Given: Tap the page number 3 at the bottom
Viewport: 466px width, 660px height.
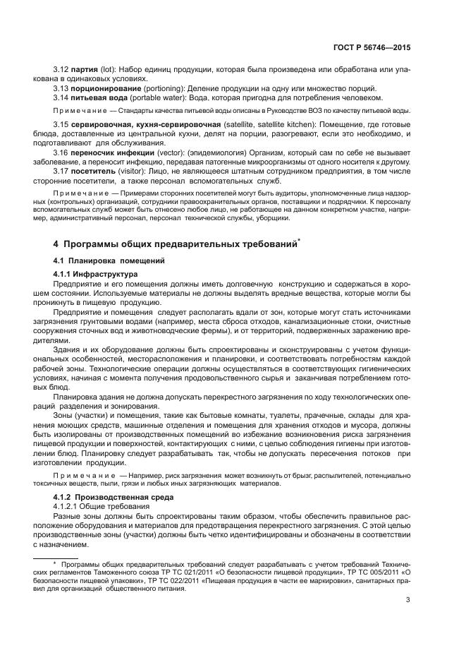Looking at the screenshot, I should point(407,601).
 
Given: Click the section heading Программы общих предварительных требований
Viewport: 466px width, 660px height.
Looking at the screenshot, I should point(180,244).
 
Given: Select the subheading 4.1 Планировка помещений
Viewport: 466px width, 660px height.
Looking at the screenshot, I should point(98,261).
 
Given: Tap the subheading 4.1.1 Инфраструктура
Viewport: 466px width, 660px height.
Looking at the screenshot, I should point(96,273).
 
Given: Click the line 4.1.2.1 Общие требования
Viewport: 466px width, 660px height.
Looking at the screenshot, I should point(102,508).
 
